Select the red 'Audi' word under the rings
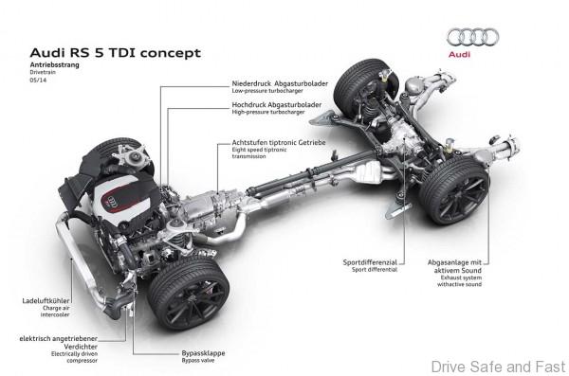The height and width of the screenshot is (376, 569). [470, 56]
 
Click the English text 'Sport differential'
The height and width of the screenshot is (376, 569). [375, 269]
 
